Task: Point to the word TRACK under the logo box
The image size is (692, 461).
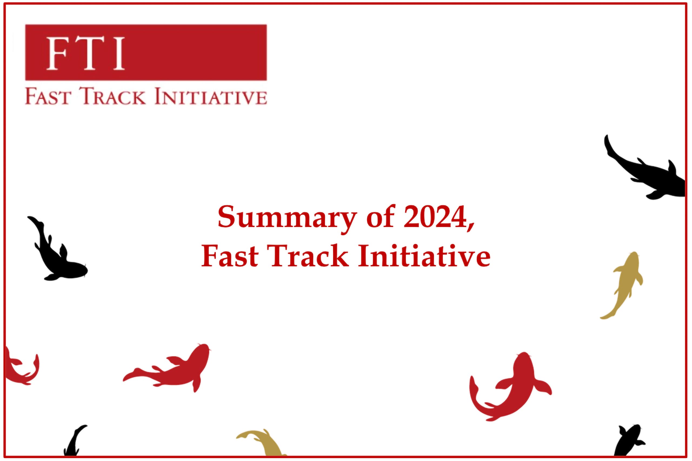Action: [x=113, y=97]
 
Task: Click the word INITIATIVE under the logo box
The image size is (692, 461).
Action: [x=210, y=97]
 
